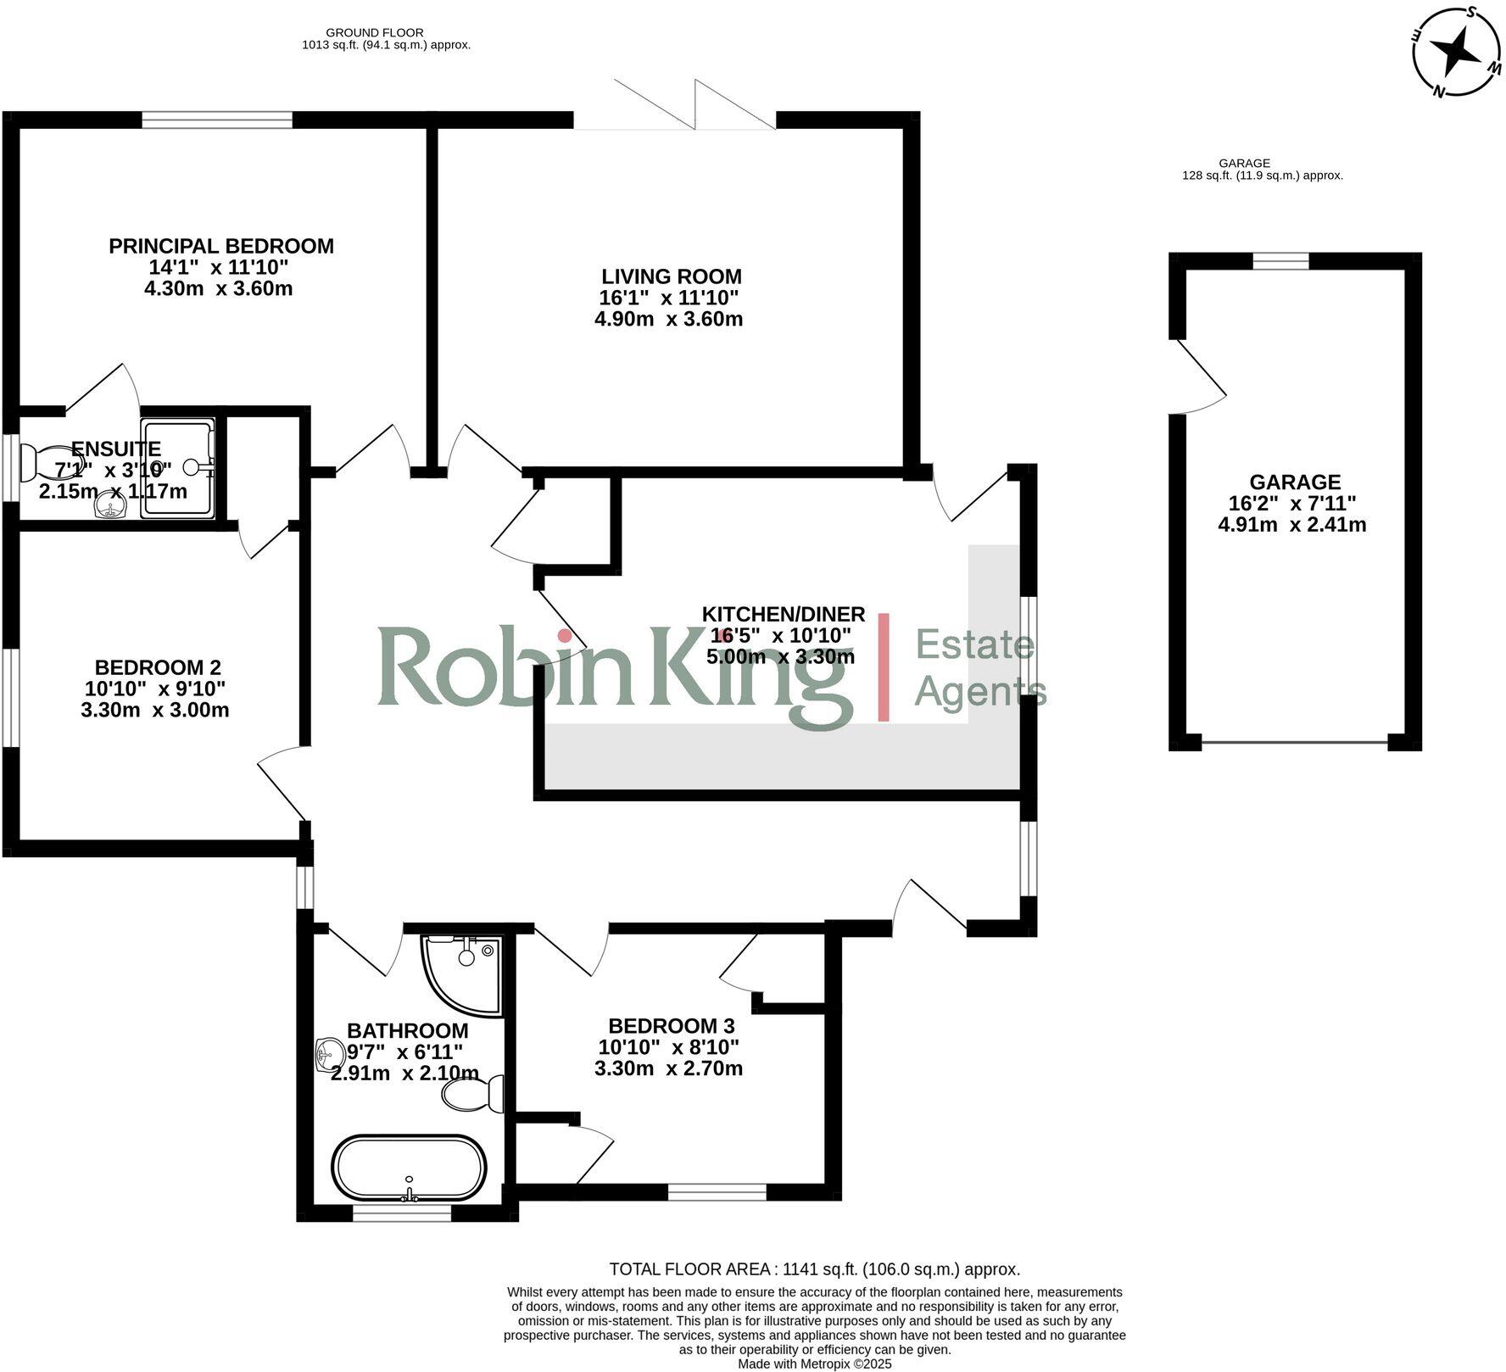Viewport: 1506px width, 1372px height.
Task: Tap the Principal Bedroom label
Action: point(221,247)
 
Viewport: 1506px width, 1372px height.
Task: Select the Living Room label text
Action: point(671,276)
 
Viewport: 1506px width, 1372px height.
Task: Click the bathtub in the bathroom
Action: point(410,1168)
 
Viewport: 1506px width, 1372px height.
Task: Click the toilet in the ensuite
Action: point(42,463)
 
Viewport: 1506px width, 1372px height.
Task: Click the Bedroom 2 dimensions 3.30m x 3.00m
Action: point(155,710)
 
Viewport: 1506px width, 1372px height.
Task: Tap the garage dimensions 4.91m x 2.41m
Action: point(1291,525)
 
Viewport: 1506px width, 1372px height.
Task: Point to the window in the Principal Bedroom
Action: point(217,120)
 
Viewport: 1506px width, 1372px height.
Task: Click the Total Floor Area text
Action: point(814,1269)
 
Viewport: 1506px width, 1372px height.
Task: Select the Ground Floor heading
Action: point(386,33)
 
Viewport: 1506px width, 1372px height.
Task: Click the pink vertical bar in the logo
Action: point(883,667)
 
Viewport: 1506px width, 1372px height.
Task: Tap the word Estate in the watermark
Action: point(975,645)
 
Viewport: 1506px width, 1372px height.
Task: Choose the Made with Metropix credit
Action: point(814,1364)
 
